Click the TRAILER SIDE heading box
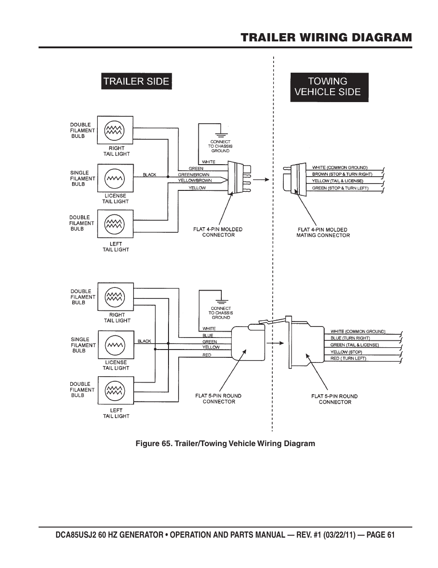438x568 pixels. coord(136,81)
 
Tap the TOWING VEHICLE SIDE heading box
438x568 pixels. coord(329,86)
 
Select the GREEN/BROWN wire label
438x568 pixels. coord(193,175)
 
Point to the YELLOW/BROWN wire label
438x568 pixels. coord(195,181)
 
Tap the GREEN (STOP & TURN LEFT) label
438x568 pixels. coord(340,188)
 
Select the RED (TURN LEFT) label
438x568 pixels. coord(348,358)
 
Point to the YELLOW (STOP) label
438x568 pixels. coord(346,352)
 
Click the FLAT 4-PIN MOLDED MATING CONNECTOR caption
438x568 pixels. coord(323,232)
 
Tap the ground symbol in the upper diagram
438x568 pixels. coord(220,133)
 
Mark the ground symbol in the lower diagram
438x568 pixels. coord(221,299)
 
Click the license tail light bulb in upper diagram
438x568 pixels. coord(114,178)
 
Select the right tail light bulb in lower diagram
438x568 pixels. coord(115,297)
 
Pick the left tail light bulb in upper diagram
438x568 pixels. coord(114,224)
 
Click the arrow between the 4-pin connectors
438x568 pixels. coord(260,179)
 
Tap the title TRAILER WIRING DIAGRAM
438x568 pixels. coord(326,37)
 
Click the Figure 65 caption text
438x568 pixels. coord(225,443)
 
